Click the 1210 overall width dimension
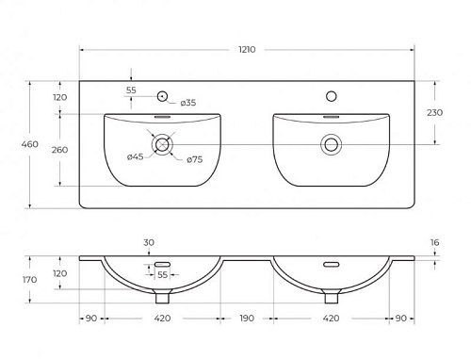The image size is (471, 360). coord(247,50)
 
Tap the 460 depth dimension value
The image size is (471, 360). coord(30,144)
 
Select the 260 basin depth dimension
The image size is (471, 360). coord(59,150)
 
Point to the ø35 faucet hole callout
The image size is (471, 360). coord(188,103)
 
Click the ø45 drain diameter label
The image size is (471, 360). coord(136,156)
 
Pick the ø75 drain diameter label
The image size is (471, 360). coord(195,159)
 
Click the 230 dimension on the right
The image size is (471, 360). coord(434,112)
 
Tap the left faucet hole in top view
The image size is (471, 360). coord(162,96)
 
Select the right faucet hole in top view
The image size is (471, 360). coord(332,96)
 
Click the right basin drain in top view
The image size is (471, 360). coord(332,144)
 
